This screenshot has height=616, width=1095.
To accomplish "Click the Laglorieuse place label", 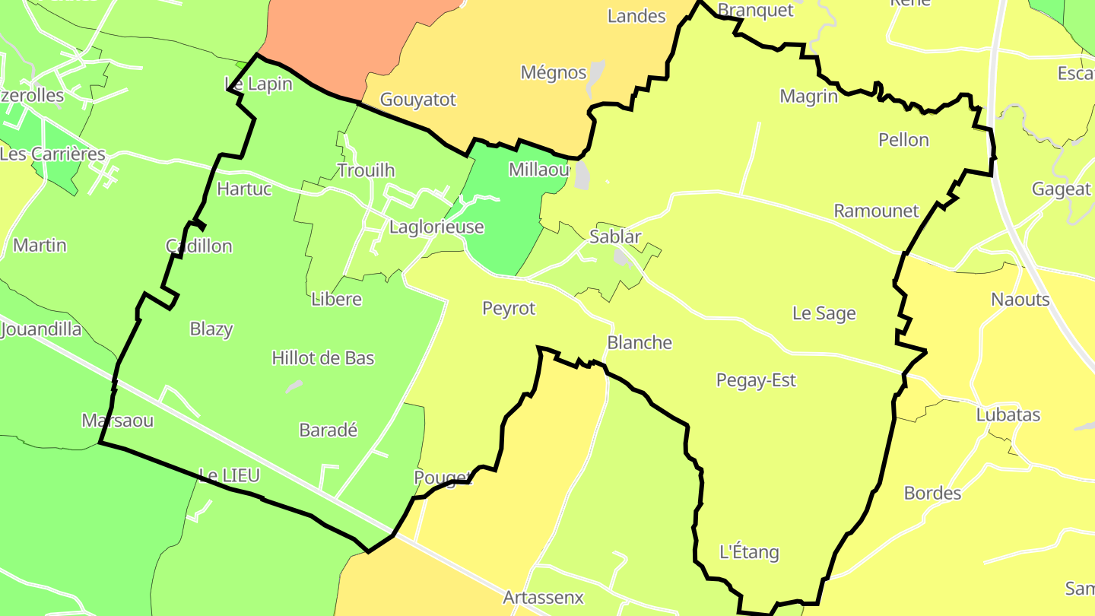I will [436, 227].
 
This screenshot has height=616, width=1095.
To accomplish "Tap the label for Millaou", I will [538, 170].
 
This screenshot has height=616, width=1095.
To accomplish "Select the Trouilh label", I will [366, 170].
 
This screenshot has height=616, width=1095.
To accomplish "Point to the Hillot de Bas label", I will [323, 357].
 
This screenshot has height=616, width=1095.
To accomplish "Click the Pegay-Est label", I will [756, 380].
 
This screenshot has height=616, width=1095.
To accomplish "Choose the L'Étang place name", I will [749, 552].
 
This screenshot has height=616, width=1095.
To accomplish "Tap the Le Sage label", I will [824, 313].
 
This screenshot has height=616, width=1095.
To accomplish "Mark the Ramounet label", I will [876, 211].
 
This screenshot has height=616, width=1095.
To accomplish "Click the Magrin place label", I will [808, 97].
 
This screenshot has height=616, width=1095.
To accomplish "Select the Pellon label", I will [903, 140].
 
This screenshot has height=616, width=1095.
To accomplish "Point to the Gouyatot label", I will [417, 100].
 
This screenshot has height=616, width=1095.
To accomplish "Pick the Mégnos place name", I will [554, 72].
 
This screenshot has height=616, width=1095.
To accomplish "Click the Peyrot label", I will [509, 308].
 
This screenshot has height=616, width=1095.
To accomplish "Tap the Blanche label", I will [640, 343].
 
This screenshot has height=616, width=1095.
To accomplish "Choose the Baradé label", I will [328, 430].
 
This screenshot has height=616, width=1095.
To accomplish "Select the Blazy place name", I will [211, 329].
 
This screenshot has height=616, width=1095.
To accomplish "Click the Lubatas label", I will [1008, 415].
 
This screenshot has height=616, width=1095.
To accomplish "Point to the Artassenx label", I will [543, 598].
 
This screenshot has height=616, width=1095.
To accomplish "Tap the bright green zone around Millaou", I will [502, 228].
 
